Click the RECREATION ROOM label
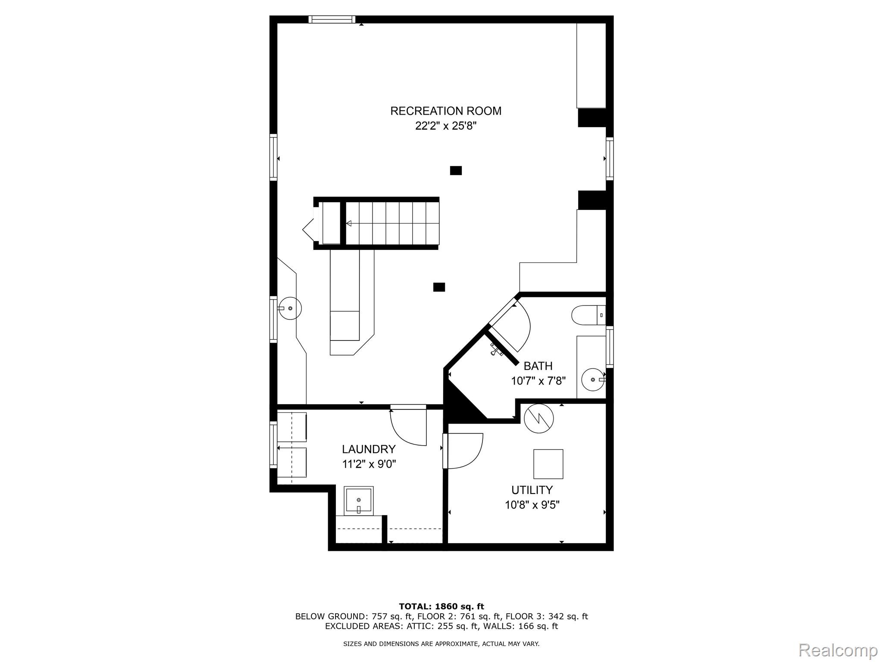click(x=445, y=111)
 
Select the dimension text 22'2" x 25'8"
click(x=445, y=126)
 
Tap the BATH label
click(x=538, y=366)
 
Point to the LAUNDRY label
click(x=368, y=450)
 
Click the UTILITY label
click(x=532, y=490)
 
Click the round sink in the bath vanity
click(x=593, y=380)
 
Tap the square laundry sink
click(x=359, y=500)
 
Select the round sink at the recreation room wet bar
click(x=290, y=308)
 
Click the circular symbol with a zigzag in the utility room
click(x=539, y=418)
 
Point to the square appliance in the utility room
click(x=548, y=464)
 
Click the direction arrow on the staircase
click(x=349, y=223)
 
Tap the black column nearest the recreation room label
click(x=456, y=171)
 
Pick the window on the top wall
click(x=332, y=19)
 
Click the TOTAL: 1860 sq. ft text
click(x=441, y=607)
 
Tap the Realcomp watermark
click(x=838, y=650)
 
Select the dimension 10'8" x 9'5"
click(x=532, y=505)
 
